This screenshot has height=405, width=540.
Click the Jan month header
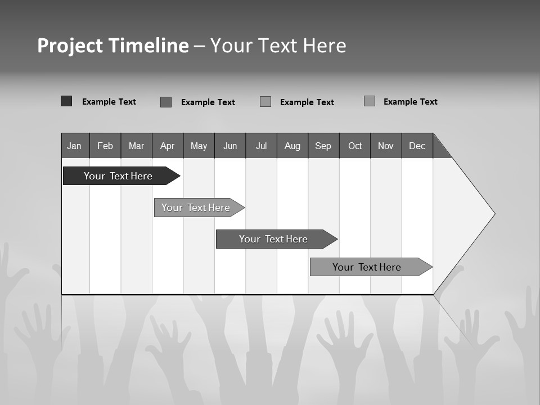[x=75, y=146]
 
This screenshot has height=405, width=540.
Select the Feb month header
[x=105, y=146]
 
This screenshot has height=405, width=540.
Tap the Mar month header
[x=136, y=146]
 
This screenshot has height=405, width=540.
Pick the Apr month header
[x=168, y=146]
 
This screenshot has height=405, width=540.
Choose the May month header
[x=199, y=146]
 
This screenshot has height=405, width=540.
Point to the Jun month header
[x=230, y=146]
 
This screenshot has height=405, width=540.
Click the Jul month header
[x=261, y=146]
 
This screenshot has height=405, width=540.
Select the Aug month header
[x=292, y=146]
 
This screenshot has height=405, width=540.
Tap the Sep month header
[x=323, y=146]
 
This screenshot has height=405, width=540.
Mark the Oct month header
[x=355, y=146]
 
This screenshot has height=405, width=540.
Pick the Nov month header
[x=386, y=146]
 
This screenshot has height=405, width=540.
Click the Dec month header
[x=417, y=146]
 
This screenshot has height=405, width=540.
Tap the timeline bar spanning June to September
[x=274, y=239]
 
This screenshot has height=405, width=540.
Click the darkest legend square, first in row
[x=66, y=101]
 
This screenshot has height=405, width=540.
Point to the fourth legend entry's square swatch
[x=370, y=101]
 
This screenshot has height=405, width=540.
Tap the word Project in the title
[x=70, y=46]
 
